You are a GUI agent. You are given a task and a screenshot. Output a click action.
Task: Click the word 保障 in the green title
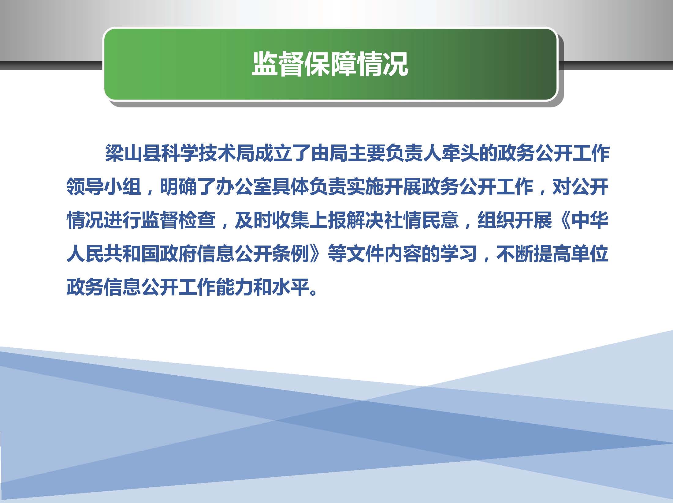click(329, 65)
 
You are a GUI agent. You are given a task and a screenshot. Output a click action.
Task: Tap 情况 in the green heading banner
click(382, 65)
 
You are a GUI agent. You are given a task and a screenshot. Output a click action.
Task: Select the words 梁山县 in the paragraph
click(133, 153)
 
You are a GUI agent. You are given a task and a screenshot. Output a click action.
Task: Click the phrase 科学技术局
click(208, 153)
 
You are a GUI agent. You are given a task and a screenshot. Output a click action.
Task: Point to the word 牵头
click(460, 153)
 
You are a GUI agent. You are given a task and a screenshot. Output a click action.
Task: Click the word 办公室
click(244, 186)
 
